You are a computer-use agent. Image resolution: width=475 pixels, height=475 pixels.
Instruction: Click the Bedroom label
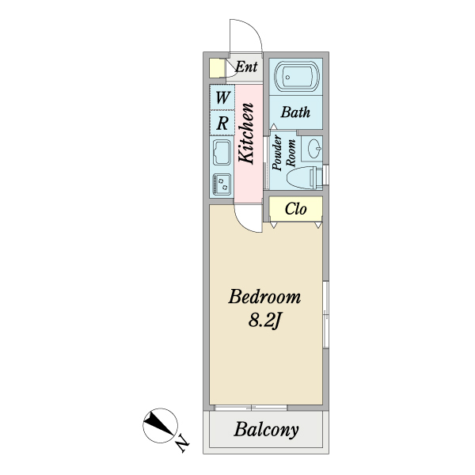(264, 297)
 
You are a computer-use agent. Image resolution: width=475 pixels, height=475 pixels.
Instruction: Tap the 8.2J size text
(265, 321)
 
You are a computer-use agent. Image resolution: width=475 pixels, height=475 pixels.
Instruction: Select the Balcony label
(266, 430)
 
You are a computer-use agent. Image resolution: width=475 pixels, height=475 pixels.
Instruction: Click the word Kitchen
(245, 134)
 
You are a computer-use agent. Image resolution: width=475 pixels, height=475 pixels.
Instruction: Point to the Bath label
(295, 112)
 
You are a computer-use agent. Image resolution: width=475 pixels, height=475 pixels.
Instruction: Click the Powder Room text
(283, 153)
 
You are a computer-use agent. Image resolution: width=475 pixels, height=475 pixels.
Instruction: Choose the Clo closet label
(295, 209)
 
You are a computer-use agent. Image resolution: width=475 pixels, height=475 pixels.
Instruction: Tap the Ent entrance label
(246, 66)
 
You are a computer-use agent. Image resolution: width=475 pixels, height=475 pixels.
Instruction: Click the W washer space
(222, 97)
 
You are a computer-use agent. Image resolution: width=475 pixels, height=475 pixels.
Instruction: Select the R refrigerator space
(222, 123)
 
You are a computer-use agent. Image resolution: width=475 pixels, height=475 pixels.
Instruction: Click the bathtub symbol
(297, 77)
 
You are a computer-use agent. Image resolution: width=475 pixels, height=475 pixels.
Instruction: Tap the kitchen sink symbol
(222, 152)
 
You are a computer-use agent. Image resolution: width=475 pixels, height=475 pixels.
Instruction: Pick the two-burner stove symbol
(222, 184)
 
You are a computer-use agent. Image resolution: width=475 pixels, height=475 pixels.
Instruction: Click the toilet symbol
(305, 177)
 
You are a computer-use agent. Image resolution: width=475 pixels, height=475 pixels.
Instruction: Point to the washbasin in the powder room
(315, 149)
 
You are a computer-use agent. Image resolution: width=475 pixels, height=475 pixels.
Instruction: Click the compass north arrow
(158, 424)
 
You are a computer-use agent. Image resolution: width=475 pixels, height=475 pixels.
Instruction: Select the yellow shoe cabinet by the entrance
(217, 68)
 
